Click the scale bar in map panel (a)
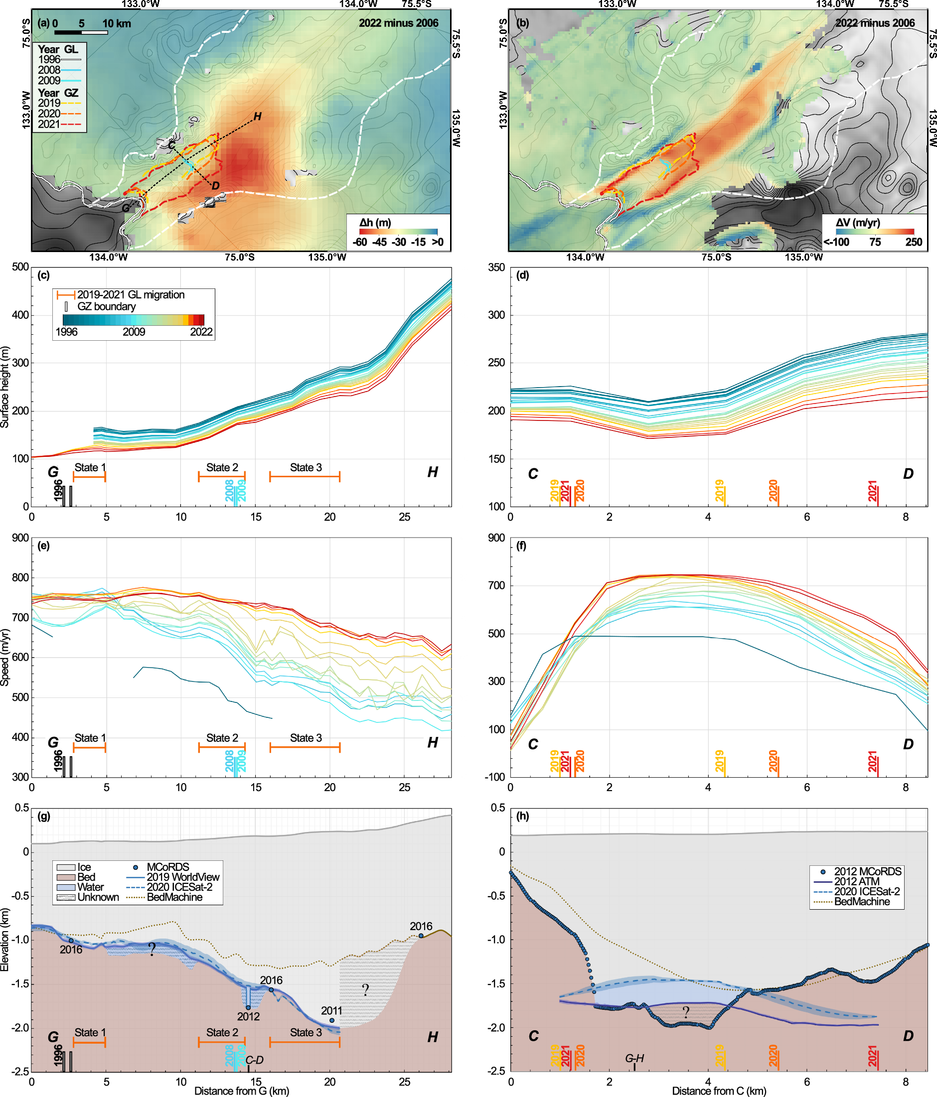81,32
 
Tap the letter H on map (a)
257,117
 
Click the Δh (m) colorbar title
375,222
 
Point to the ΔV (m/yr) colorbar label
858,222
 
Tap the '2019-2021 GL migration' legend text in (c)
131,295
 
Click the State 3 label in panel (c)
306,467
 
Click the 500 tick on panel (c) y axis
20,267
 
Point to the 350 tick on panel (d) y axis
496,268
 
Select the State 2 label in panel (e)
222,737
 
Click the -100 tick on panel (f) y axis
495,777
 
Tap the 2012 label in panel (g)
248,1016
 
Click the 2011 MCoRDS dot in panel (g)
331,1020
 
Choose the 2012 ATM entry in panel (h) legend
856,881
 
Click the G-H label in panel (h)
634,1058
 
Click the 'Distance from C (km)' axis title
719,1091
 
